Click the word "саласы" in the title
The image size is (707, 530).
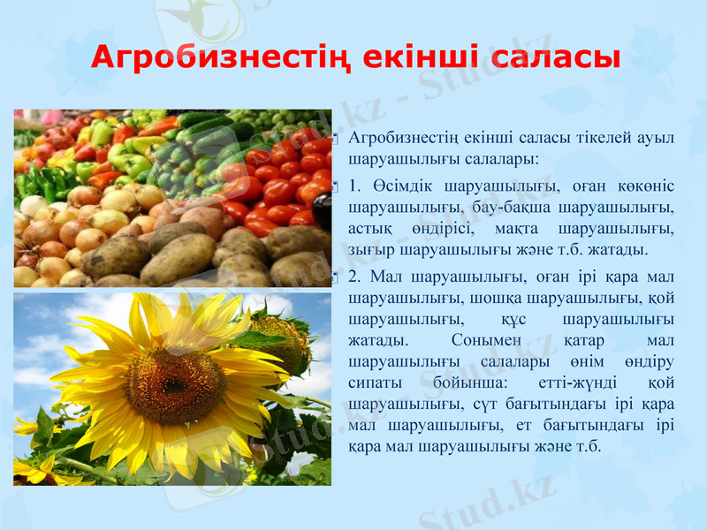[554, 57]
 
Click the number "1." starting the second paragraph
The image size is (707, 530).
[355, 187]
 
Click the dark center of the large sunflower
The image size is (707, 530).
[173, 385]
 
